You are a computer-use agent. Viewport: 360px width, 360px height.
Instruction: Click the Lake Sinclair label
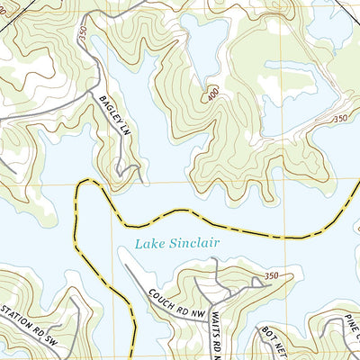click(x=176, y=242)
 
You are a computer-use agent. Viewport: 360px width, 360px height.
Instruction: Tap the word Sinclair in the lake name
click(x=195, y=242)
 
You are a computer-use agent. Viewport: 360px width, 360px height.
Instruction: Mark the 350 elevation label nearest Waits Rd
click(x=272, y=275)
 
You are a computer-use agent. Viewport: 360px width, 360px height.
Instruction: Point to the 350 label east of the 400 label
click(x=339, y=118)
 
